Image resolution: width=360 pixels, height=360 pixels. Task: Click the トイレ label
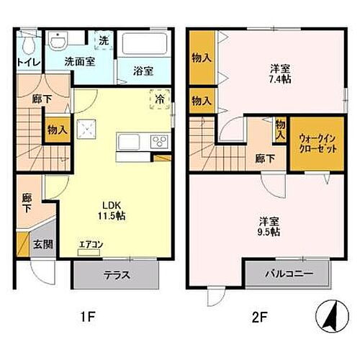tap(27, 62)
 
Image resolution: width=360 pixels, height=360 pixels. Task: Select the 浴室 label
tap(143, 71)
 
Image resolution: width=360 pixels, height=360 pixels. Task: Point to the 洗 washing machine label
tap(103, 42)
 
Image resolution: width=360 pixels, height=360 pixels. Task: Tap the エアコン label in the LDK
tap(91, 244)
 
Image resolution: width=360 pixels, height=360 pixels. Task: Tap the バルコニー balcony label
tap(288, 274)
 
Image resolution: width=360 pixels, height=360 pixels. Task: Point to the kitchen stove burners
tap(158, 142)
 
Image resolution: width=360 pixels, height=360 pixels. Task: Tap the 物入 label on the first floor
tap(58, 130)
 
